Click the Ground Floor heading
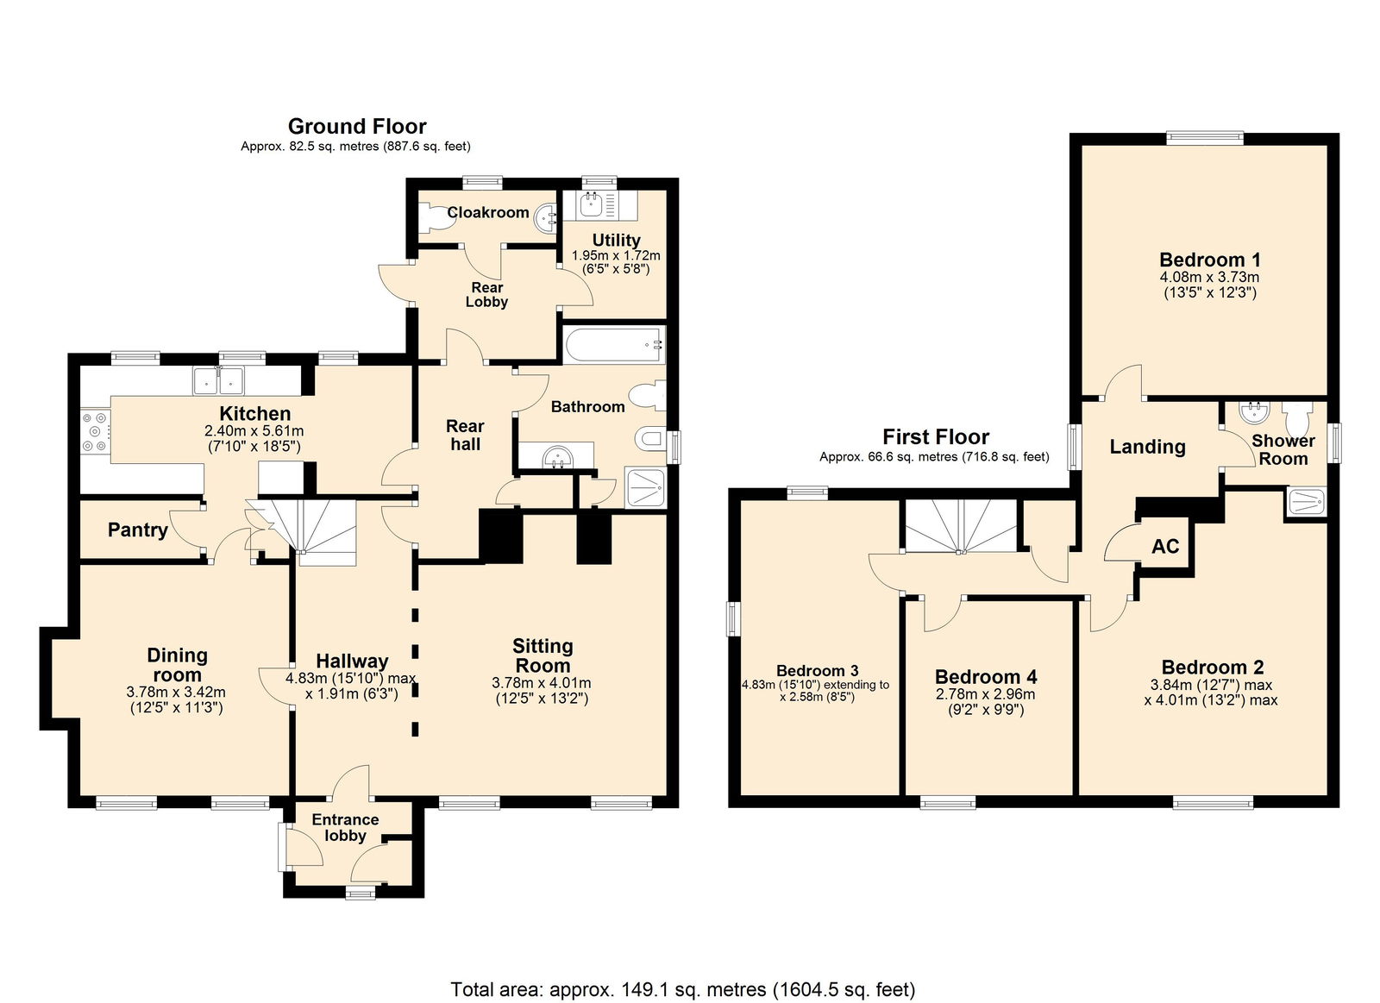point(357,126)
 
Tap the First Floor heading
point(935,436)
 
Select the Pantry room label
point(137,530)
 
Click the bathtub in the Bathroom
point(613,345)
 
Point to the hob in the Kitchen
point(96,431)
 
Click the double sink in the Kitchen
point(219,381)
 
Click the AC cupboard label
point(1165,546)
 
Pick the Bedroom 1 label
point(1209,260)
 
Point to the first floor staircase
point(961,526)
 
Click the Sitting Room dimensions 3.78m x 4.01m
point(542,683)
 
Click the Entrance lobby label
point(345,827)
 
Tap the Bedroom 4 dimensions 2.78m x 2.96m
point(986,694)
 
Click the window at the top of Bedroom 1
point(1204,139)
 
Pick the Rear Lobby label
point(486,294)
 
